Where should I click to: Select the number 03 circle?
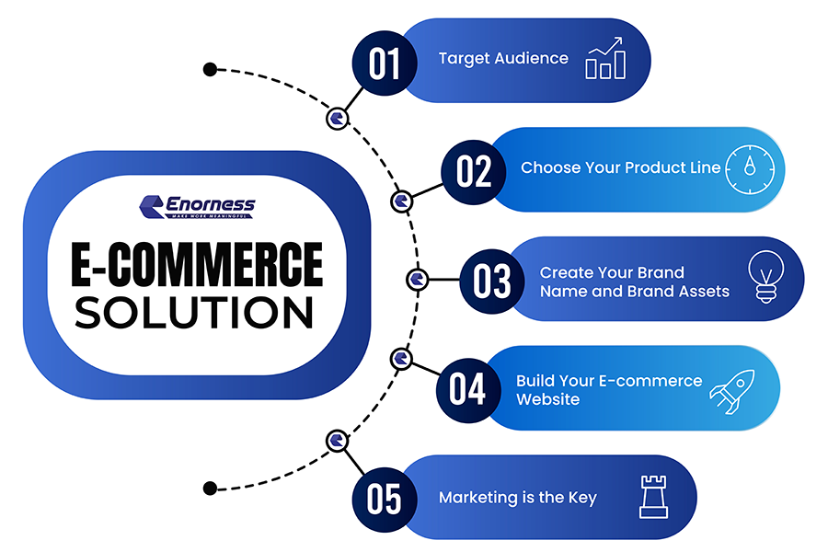click(x=492, y=279)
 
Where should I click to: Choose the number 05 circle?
click(x=385, y=498)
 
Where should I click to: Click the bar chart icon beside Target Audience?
click(x=605, y=59)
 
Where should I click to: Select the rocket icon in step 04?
click(x=731, y=390)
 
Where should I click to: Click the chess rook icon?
click(x=651, y=497)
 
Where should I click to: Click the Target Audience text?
click(x=503, y=59)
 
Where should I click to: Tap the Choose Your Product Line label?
click(x=621, y=168)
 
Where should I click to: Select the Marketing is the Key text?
click(x=517, y=498)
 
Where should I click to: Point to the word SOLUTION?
click(x=195, y=313)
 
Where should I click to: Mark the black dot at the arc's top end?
click(x=210, y=69)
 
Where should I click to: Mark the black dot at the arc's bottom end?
click(x=210, y=488)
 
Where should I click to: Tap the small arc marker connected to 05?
click(x=338, y=439)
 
